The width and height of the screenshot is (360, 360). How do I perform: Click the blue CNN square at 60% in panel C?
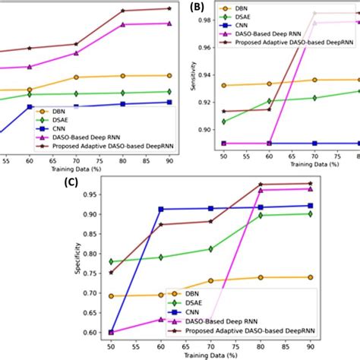160,209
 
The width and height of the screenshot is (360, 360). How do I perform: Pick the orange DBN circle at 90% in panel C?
310,277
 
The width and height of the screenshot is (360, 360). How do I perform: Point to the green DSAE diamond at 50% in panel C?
112,261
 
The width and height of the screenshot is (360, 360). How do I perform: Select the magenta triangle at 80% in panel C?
261,190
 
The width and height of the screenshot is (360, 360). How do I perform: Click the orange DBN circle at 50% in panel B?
223,85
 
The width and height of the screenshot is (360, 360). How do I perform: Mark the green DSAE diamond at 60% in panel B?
268,101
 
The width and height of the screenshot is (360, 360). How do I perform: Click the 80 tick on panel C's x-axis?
261,345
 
